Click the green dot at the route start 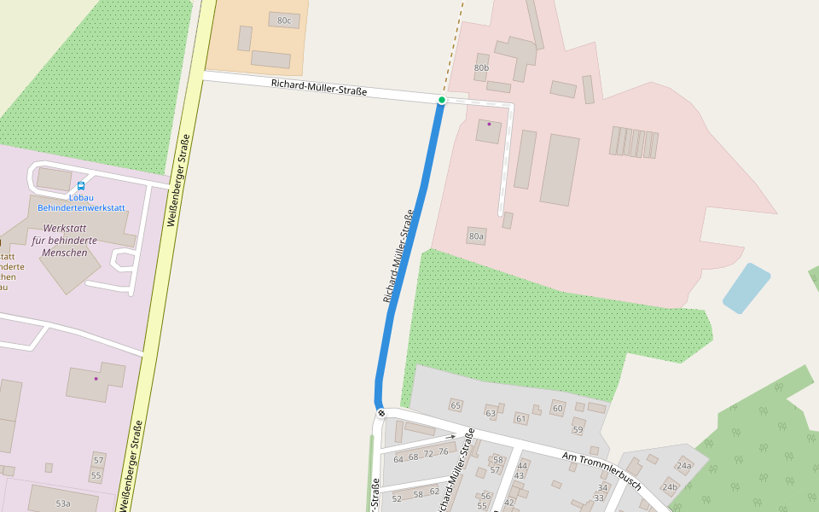coord(442,101)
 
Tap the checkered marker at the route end coord(381,413)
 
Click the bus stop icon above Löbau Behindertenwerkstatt coord(81,186)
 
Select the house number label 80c coord(284,20)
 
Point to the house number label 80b coord(481,67)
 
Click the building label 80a coord(476,236)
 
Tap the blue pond coord(746,288)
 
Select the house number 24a coord(684,466)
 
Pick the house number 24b coord(670,487)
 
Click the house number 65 coord(456,405)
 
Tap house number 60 coord(558,409)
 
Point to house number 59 coord(578,429)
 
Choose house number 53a coord(63,503)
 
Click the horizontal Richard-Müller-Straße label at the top coord(319,86)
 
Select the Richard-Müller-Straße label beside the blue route coord(398,256)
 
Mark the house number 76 coord(443,452)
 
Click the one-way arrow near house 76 coord(450,438)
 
